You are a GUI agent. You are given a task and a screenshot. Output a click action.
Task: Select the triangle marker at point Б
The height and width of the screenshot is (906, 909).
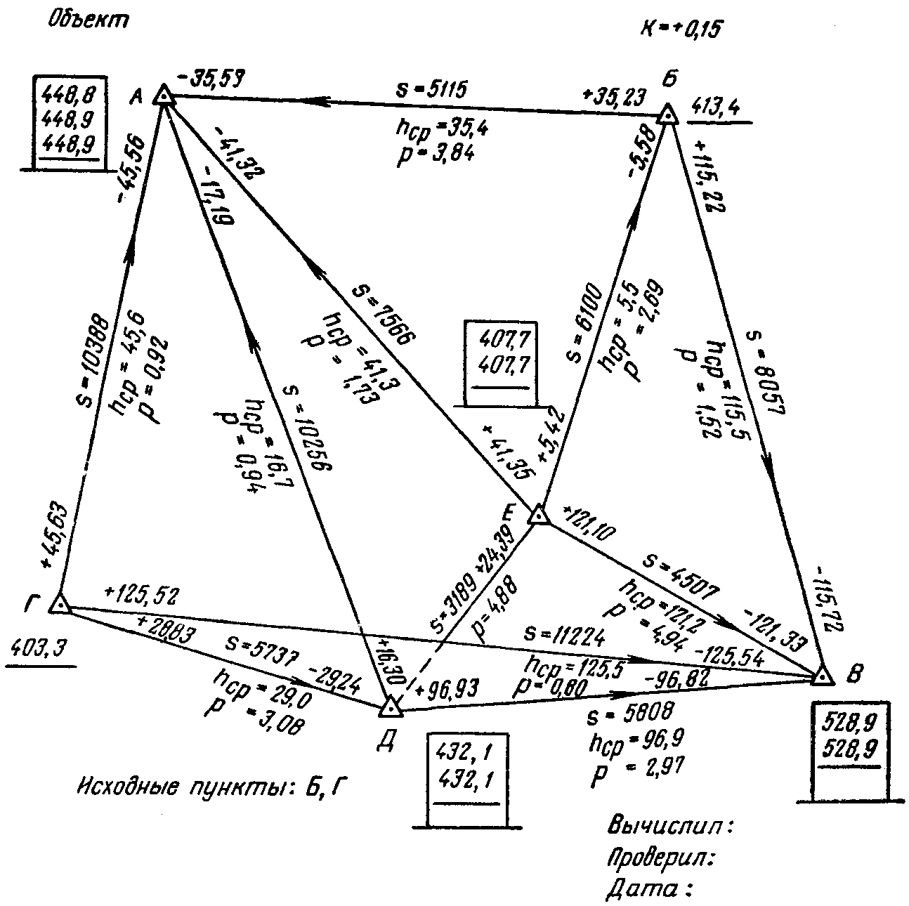click(x=668, y=114)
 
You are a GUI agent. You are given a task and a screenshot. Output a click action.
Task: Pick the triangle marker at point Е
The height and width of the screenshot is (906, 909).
click(x=538, y=515)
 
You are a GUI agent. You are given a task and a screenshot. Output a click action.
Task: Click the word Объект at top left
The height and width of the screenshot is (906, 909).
click(x=89, y=20)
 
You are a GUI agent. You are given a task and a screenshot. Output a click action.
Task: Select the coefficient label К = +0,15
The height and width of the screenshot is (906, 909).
click(x=681, y=29)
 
